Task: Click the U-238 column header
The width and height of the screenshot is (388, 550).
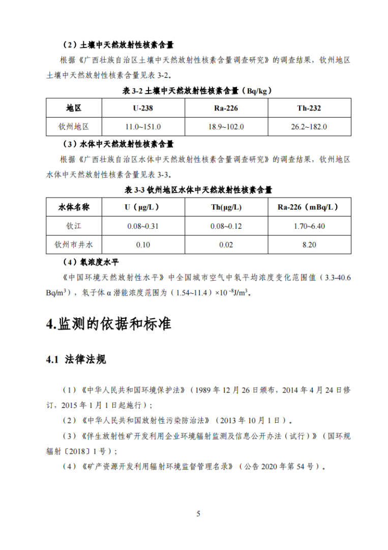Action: click(143, 108)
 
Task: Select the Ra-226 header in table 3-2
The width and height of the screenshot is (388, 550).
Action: click(226, 108)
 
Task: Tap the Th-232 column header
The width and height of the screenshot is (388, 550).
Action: click(309, 108)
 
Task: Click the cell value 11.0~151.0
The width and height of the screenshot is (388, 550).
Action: click(143, 126)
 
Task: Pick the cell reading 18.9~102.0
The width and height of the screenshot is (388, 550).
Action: click(226, 126)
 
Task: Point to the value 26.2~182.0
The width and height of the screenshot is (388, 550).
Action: click(309, 126)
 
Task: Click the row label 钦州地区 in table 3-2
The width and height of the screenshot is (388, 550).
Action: click(74, 126)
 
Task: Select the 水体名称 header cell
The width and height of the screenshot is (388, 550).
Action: click(74, 207)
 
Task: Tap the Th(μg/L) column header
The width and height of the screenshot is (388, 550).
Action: click(226, 207)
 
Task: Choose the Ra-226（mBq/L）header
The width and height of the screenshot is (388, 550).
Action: click(309, 207)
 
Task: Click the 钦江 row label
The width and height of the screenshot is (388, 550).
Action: click(74, 226)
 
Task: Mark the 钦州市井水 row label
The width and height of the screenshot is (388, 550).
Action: click(74, 244)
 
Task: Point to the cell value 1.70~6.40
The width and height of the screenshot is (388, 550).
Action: click(309, 226)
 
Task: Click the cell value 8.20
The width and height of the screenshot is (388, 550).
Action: click(309, 245)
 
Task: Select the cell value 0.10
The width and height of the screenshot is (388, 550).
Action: click(143, 245)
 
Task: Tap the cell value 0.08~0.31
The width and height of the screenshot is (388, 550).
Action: click(143, 226)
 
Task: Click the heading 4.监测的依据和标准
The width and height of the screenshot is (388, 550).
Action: click(108, 324)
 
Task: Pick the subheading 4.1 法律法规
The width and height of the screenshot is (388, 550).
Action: click(76, 360)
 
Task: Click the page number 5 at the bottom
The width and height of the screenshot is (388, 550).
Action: click(198, 513)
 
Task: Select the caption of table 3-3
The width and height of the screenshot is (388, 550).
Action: click(198, 190)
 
